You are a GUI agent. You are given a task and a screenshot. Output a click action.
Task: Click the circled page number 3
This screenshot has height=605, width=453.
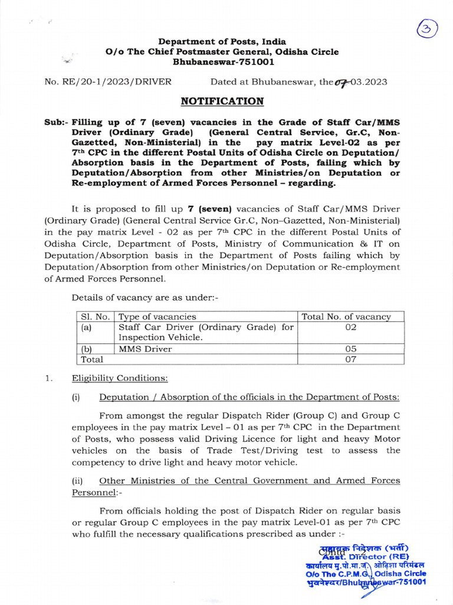426,30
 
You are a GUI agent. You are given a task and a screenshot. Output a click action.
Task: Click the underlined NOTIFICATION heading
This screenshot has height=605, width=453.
222,101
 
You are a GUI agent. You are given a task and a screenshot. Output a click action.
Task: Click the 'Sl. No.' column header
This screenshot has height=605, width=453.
93,317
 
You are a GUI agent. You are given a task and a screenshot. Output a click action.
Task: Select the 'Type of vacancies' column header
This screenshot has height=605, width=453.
157,317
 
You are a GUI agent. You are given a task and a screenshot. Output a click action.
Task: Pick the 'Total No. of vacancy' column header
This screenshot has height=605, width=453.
346,317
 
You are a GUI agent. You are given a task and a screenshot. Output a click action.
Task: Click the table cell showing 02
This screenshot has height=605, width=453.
350,327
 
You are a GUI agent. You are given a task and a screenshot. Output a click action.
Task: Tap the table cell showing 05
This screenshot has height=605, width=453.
350,349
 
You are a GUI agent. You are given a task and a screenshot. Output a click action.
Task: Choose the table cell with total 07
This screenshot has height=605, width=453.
350,359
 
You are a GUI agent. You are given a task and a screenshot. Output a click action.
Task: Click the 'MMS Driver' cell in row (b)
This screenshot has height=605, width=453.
145,349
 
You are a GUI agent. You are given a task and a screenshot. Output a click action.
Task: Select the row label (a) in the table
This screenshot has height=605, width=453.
87,327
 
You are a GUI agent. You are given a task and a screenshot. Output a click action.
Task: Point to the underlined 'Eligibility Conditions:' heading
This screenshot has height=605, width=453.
120,378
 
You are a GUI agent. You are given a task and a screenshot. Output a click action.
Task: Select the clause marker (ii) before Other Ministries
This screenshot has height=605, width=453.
77,480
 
